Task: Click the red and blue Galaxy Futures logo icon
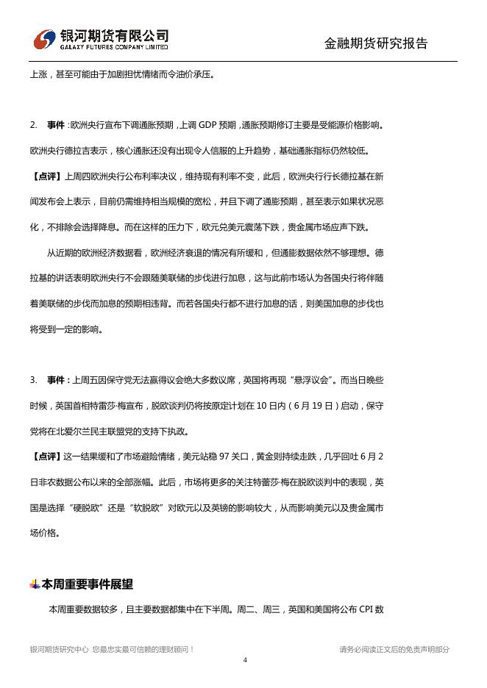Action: click(x=46, y=38)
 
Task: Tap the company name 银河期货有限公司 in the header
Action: click(x=114, y=35)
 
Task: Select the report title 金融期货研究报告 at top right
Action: click(x=376, y=43)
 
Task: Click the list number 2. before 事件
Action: click(x=34, y=126)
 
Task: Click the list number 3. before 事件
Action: click(x=34, y=380)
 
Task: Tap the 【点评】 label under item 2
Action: click(x=46, y=176)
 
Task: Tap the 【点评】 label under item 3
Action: click(x=46, y=456)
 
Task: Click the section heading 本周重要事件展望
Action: click(x=88, y=585)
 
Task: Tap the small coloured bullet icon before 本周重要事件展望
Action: click(x=35, y=585)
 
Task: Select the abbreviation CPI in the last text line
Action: click(x=367, y=609)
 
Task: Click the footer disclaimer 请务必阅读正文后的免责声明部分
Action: click(x=394, y=649)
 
